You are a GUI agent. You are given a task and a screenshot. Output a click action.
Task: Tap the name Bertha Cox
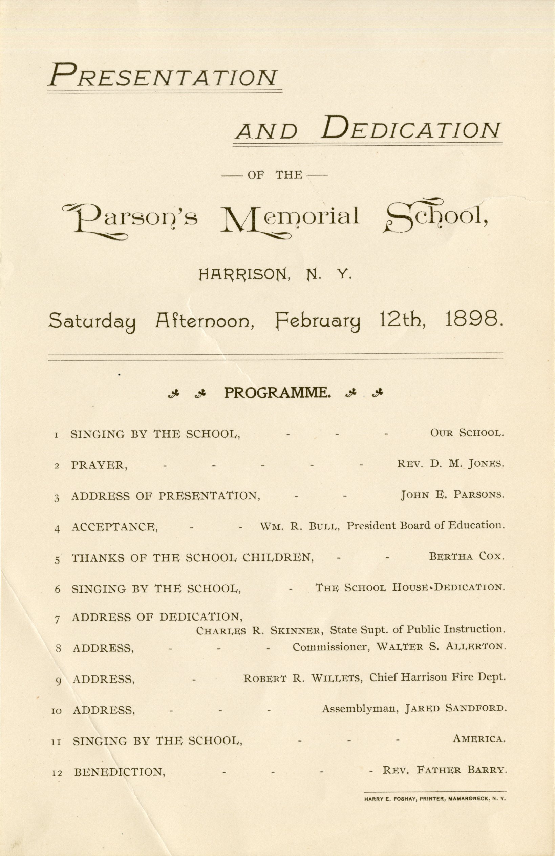click(467, 557)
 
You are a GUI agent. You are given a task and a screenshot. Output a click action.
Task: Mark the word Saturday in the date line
click(92, 321)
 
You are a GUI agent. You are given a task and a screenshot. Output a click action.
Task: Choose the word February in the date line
click(318, 321)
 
